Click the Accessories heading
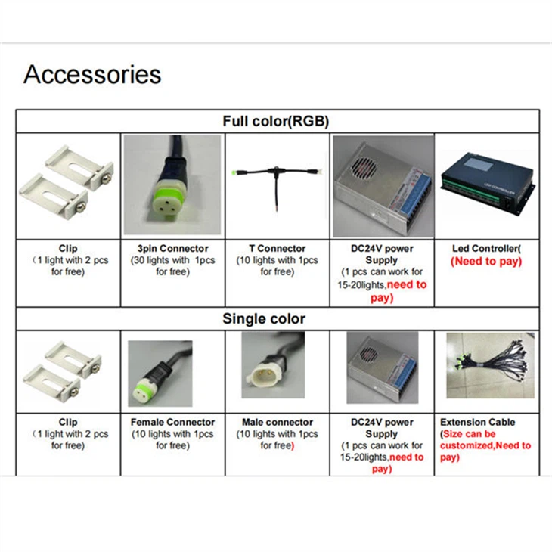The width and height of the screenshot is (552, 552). pyautogui.click(x=92, y=75)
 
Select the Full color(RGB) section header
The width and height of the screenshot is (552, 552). pyautogui.click(x=275, y=121)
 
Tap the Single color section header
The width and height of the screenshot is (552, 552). pyautogui.click(x=264, y=318)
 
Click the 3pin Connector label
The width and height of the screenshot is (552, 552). pyautogui.click(x=173, y=248)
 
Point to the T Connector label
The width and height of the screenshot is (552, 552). pyautogui.click(x=278, y=248)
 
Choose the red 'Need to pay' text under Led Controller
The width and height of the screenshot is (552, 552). pyautogui.click(x=486, y=261)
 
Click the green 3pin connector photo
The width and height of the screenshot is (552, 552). pyautogui.click(x=172, y=185)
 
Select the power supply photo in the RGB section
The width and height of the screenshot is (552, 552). pyautogui.click(x=382, y=185)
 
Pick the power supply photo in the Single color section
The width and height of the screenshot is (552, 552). pyautogui.click(x=382, y=369)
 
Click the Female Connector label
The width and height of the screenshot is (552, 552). pyautogui.click(x=172, y=422)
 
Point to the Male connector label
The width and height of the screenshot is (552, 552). pyautogui.click(x=277, y=422)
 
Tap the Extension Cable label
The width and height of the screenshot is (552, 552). pyautogui.click(x=477, y=422)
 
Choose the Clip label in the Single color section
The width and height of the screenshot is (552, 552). pyautogui.click(x=67, y=422)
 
